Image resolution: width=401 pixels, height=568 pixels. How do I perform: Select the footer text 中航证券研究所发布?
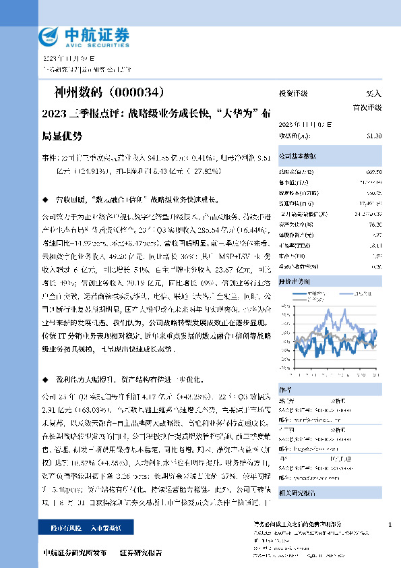click(74, 552)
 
